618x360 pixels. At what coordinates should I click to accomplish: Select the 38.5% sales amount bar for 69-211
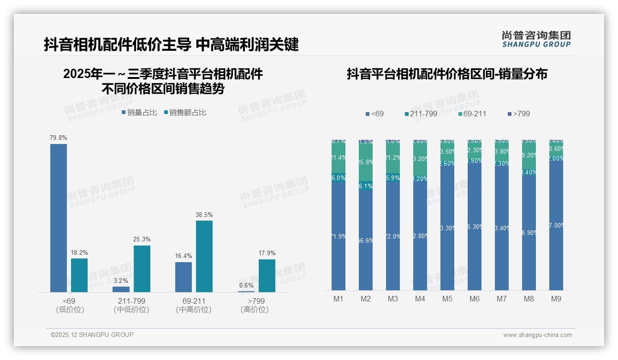tap(204, 256)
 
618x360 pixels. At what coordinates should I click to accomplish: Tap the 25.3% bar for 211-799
tap(142, 269)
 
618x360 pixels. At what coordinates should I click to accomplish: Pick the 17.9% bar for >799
tap(267, 276)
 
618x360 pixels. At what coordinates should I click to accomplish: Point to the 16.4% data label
tap(184, 256)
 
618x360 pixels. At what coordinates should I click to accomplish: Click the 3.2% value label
tap(121, 280)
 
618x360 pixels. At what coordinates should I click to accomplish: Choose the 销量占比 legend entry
tap(139, 112)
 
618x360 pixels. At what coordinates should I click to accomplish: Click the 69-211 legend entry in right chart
tap(473, 114)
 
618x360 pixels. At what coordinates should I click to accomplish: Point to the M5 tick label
tap(447, 299)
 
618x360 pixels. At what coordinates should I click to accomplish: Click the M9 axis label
tap(556, 299)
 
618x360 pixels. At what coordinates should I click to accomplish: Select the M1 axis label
tap(339, 299)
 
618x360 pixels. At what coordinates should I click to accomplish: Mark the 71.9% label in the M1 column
tap(339, 236)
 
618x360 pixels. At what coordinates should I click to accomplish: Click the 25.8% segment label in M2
tap(366, 162)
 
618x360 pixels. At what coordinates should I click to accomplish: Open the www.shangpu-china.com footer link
tap(537, 335)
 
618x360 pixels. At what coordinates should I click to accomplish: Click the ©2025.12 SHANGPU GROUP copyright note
tap(92, 335)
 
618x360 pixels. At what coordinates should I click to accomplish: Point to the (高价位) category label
tap(254, 310)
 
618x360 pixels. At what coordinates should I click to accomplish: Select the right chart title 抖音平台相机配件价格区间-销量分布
tap(447, 74)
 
